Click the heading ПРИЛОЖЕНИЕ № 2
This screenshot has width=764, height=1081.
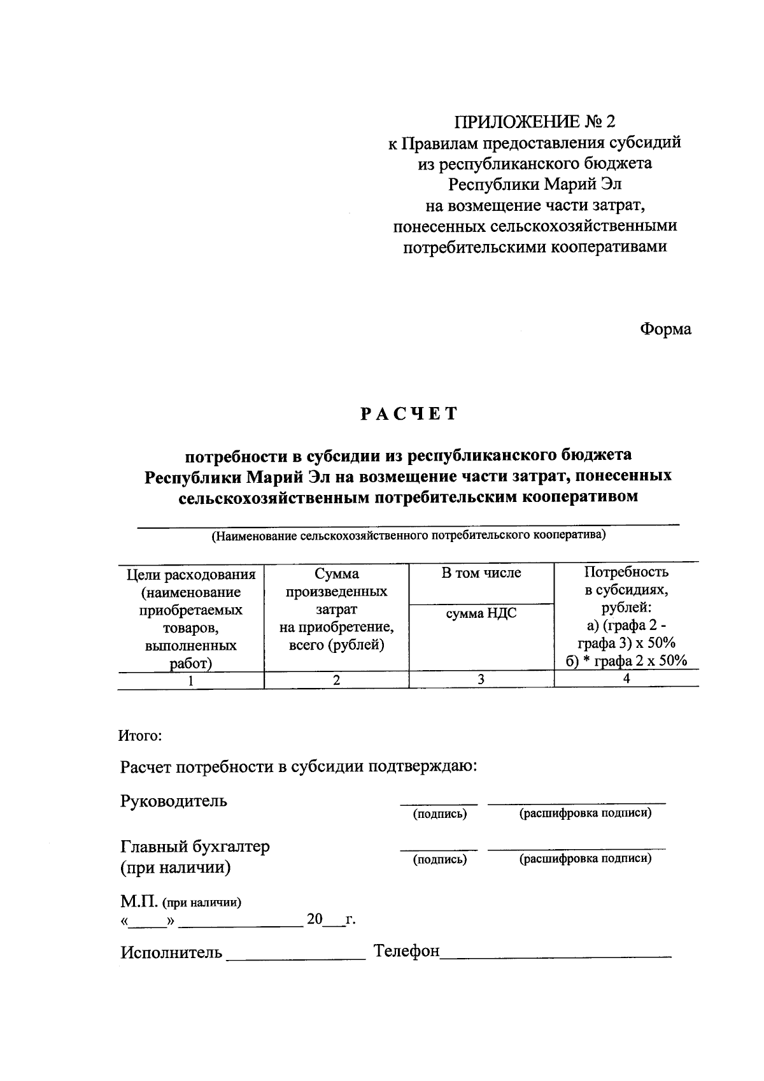tap(535, 121)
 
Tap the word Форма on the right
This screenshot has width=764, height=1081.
tap(665, 329)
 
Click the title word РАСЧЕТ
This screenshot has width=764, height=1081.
tap(409, 414)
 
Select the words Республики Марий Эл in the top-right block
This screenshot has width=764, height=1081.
tap(535, 184)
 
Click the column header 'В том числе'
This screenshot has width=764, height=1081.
tap(481, 573)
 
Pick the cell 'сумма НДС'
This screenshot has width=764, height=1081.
tap(481, 613)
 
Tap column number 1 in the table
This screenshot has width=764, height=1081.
tap(190, 680)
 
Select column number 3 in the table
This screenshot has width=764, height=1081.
tap(481, 680)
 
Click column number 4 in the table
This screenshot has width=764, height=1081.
tap(626, 679)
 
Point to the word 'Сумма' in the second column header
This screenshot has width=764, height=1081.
tap(336, 574)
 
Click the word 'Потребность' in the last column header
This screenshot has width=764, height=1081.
tap(626, 571)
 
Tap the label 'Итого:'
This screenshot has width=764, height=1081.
tap(141, 736)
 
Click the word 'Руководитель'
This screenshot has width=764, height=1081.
tap(173, 801)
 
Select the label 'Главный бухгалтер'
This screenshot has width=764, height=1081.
tap(195, 847)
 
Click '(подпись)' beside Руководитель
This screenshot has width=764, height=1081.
tap(439, 814)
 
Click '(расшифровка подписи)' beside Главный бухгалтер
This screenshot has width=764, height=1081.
tap(586, 859)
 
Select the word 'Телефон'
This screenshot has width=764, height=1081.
tap(407, 951)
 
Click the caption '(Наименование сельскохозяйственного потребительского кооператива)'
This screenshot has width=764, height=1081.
tap(409, 535)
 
